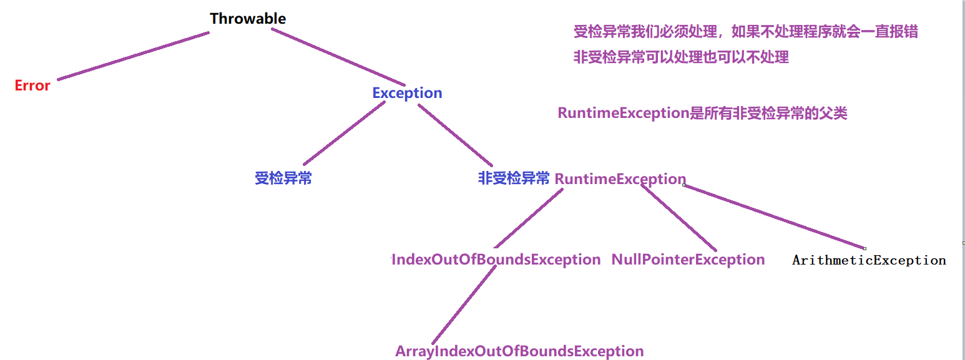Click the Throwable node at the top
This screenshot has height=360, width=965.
[x=248, y=19]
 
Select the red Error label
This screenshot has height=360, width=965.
[x=32, y=85]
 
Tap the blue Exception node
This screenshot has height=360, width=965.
[x=407, y=93]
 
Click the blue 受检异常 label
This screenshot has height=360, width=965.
[x=283, y=178]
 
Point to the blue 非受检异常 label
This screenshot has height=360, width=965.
[x=514, y=178]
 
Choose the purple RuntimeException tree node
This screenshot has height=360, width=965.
[x=620, y=179]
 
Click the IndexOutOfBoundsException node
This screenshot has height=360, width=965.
[x=496, y=260]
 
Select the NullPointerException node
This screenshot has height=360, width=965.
[x=688, y=260]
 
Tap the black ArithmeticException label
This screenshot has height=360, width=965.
[x=869, y=260]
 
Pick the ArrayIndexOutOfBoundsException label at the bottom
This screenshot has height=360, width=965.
[x=519, y=351]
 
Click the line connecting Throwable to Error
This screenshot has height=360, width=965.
[x=133, y=56]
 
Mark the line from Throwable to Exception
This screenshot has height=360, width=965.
[x=338, y=57]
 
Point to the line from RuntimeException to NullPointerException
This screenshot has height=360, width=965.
[x=678, y=218]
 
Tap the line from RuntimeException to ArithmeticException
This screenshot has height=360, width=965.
[x=774, y=216]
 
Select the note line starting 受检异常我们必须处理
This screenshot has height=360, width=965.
[x=745, y=31]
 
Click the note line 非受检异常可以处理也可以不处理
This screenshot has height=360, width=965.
[x=681, y=57]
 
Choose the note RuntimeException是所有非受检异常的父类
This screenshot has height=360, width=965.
[x=702, y=113]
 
